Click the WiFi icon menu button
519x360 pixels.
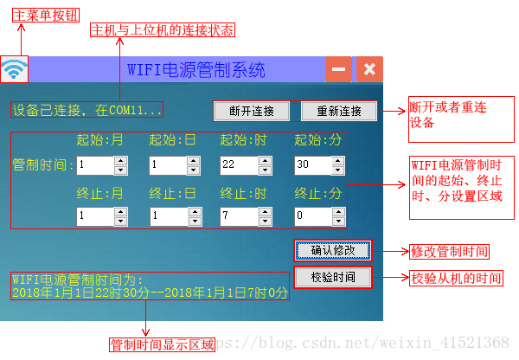pos(14,69)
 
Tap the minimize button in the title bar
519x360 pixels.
pos(338,69)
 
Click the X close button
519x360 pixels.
pos(369,69)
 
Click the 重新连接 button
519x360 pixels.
pos(338,111)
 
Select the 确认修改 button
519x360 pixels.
pos(333,250)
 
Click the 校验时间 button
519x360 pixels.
pos(333,277)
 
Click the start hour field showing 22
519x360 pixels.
pos(234,164)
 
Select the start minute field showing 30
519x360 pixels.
pos(307,164)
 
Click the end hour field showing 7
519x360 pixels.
pos(234,215)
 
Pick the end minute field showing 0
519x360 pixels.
pos(307,215)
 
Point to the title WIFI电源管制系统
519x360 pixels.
pos(195,69)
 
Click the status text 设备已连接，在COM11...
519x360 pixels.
pos(86,111)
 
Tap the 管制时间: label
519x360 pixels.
pos(44,164)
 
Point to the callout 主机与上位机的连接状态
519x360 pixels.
pos(163,29)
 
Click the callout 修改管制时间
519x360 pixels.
pos(449,252)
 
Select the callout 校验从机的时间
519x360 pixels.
pos(455,279)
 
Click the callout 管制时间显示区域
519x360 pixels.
pos(162,344)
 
